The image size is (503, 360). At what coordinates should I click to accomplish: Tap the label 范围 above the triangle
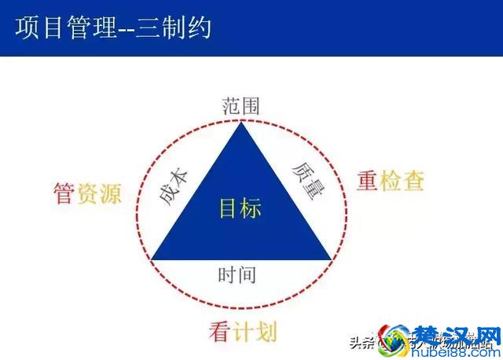tap(240, 105)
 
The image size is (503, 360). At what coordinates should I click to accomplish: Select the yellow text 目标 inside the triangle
tap(240, 209)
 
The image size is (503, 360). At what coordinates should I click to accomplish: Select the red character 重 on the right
tap(369, 181)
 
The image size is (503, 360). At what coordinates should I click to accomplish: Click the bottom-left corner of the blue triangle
tap(152, 259)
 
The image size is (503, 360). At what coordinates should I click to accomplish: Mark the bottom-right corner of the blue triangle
tap(330, 259)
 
